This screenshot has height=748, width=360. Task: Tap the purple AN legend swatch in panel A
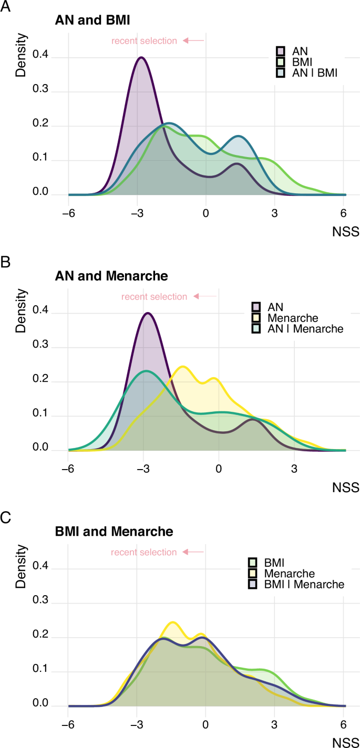pos(281,51)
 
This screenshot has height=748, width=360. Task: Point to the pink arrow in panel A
pos(193,40)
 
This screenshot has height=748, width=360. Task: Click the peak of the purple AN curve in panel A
pos(141,57)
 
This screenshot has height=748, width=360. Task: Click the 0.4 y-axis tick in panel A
pos(39,57)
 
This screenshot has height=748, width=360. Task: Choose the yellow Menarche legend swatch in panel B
pos(256,318)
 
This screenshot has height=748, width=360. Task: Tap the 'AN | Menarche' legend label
pos(306,329)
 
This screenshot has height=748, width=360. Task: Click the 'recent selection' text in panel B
pos(154,297)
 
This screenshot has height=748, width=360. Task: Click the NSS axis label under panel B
pos(346,487)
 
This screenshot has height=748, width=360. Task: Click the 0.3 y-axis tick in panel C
pos(39,602)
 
